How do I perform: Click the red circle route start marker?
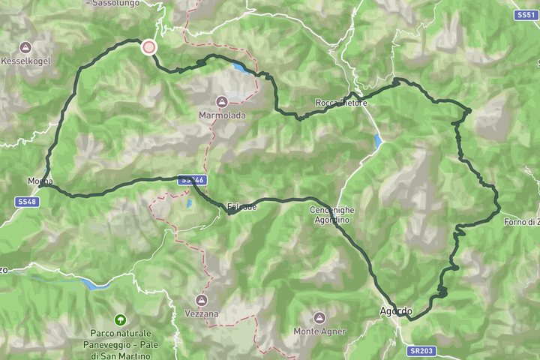[148, 47]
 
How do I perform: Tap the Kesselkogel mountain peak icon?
[26, 47]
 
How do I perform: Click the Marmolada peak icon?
[222, 102]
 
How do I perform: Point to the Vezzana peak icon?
[202, 301]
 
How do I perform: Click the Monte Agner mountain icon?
[319, 318]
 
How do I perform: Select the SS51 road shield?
[525, 15]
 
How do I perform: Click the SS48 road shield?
[26, 202]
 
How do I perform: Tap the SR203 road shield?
[421, 351]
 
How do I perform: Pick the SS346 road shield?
[193, 180]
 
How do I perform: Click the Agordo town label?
[396, 311]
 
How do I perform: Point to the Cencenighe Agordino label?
[331, 215]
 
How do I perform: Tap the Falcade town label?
[241, 206]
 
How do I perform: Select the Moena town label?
[40, 181]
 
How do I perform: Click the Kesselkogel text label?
[25, 61]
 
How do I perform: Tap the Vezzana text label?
[202, 314]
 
